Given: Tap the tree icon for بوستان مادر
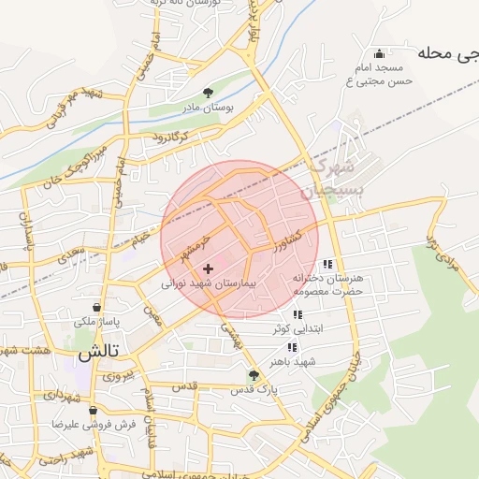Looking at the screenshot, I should coord(209,93).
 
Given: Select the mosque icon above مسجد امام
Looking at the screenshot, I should coord(378,53).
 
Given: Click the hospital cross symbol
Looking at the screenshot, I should coord(208,269).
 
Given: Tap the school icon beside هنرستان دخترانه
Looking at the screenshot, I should coord(327,265).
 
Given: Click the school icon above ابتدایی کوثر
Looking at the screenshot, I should coord(298,315).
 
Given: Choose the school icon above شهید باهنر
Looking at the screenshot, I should coord(293,347).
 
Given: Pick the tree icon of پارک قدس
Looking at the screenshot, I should coord(254,374).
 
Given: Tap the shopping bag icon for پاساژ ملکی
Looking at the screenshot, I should coord(97,307).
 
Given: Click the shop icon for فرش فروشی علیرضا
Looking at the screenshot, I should coord(93,410).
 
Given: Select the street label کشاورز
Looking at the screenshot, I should coord(288,242).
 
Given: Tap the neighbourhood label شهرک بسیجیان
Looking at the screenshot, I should coord(332,178).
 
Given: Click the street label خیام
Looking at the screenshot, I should coord(139,240).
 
